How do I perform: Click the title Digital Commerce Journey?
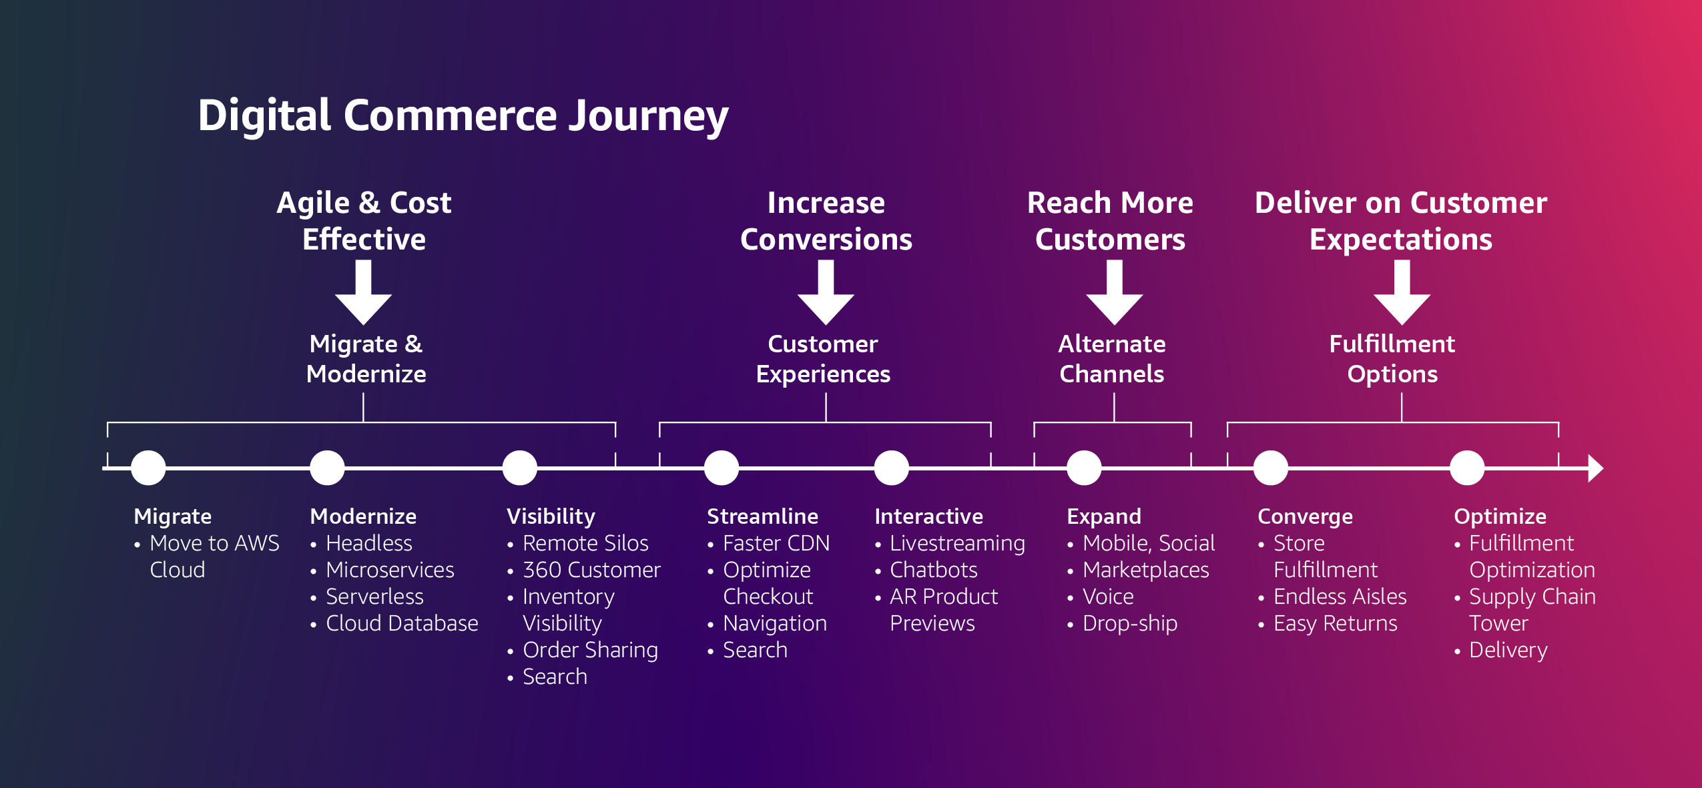[x=463, y=116]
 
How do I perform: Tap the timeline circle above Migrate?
[x=148, y=468]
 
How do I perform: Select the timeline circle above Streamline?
[x=722, y=468]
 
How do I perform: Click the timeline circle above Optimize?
[x=1467, y=468]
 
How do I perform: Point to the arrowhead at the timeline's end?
[x=1595, y=468]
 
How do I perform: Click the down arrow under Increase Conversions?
[x=826, y=292]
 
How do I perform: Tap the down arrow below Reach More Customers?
[x=1114, y=292]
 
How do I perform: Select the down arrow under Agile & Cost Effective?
[x=363, y=292]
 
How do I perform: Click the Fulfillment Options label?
[x=1392, y=359]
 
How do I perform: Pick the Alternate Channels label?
[x=1112, y=359]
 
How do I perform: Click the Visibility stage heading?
[x=551, y=516]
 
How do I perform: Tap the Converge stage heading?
[x=1305, y=516]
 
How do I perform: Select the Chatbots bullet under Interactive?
[x=933, y=570]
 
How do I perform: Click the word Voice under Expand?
[x=1108, y=597]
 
